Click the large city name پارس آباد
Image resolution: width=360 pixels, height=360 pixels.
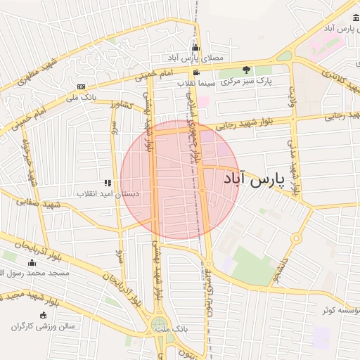point(258,180)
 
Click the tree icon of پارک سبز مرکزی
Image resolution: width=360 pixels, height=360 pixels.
point(246,70)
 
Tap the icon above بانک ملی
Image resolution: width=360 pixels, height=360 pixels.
point(82,87)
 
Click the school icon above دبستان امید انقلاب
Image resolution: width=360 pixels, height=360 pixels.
point(108,183)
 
